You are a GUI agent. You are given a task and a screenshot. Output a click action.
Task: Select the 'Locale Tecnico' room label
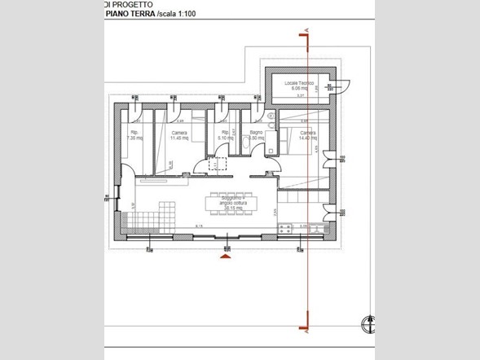[299, 85]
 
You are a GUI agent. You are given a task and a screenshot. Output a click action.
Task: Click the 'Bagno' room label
[255, 134]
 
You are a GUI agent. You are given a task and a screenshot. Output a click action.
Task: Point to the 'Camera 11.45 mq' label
[179, 135]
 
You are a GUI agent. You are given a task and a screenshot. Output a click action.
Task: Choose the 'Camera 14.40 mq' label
[307, 135]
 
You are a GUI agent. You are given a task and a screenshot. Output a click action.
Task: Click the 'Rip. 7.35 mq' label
[135, 135]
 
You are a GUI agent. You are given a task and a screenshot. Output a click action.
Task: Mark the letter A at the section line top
[306, 31]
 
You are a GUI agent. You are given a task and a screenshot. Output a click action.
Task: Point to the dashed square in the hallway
[218, 164]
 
